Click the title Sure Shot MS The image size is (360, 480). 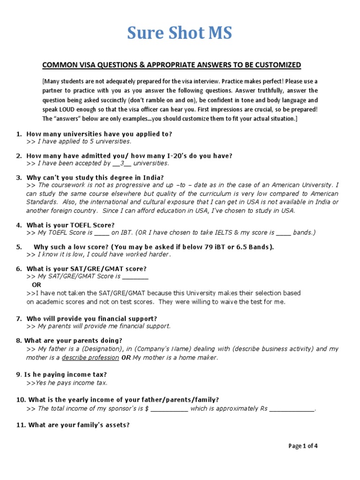pos(180,33)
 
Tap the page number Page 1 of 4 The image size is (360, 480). pos(303,446)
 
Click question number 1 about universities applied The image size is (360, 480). pos(99,134)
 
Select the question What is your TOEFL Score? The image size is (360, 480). pos(70,225)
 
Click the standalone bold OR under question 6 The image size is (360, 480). pos(36,285)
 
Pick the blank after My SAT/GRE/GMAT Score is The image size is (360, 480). pos(135,277)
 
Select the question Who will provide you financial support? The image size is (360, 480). pos(91,318)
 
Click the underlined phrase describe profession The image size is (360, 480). pos(90,358)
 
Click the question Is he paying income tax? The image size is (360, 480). pos(64,375)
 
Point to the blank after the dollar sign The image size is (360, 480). pos(169,409)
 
